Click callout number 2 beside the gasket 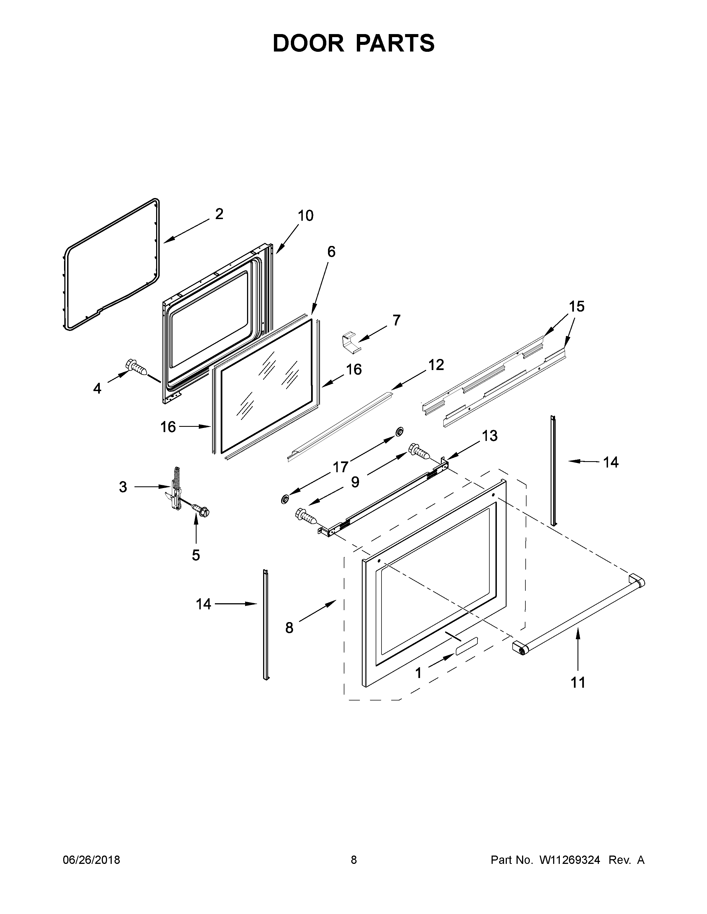[219, 214]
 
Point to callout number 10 [305, 216]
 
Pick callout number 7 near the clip [396, 320]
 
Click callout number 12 [436, 365]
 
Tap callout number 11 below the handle [578, 682]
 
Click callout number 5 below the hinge [195, 555]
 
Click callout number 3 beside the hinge [123, 487]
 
